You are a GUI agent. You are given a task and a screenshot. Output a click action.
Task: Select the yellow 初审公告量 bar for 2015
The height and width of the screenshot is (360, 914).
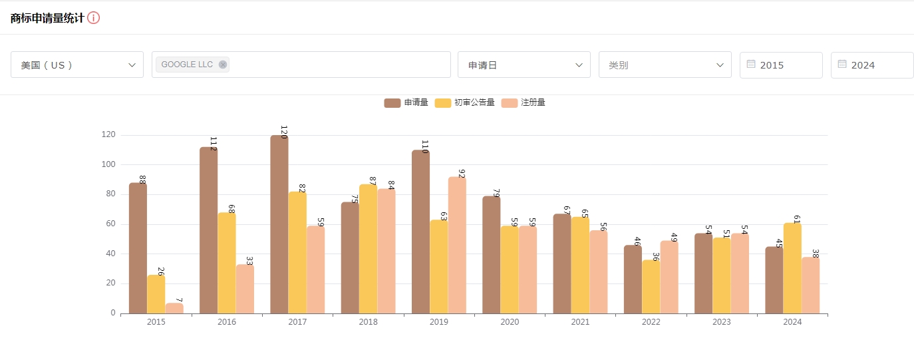pyautogui.click(x=156, y=294)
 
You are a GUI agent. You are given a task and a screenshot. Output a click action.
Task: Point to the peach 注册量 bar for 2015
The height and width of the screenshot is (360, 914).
pyautogui.click(x=174, y=308)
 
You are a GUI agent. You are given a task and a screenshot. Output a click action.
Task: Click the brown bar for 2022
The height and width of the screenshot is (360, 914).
pyautogui.click(x=633, y=279)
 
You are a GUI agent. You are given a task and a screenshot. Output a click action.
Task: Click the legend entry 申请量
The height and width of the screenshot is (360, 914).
pyautogui.click(x=406, y=102)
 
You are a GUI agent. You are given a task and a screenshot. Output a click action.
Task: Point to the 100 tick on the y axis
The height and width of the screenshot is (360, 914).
pyautogui.click(x=108, y=164)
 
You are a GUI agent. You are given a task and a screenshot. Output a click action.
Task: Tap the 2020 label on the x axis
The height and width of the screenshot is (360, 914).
pyautogui.click(x=510, y=322)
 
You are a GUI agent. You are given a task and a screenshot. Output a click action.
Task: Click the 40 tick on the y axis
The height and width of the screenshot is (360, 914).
pyautogui.click(x=108, y=254)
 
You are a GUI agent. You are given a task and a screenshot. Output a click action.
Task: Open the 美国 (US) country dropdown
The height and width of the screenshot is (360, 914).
pyautogui.click(x=77, y=65)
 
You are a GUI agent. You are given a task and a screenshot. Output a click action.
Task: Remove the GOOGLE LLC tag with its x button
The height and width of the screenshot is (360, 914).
pyautogui.click(x=223, y=65)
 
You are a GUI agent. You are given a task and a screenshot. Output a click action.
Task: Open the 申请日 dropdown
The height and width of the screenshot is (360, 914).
pyautogui.click(x=524, y=65)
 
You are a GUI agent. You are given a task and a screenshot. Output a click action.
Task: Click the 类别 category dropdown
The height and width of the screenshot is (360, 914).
pyautogui.click(x=665, y=65)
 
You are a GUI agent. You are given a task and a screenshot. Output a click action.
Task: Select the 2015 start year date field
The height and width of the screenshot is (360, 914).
pyautogui.click(x=781, y=65)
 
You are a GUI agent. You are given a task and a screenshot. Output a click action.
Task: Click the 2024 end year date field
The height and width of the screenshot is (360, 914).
pyautogui.click(x=871, y=65)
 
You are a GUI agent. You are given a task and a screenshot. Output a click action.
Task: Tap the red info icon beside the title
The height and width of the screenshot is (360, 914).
pyautogui.click(x=94, y=18)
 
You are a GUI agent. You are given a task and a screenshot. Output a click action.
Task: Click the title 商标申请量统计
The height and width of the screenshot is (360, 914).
pyautogui.click(x=47, y=18)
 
